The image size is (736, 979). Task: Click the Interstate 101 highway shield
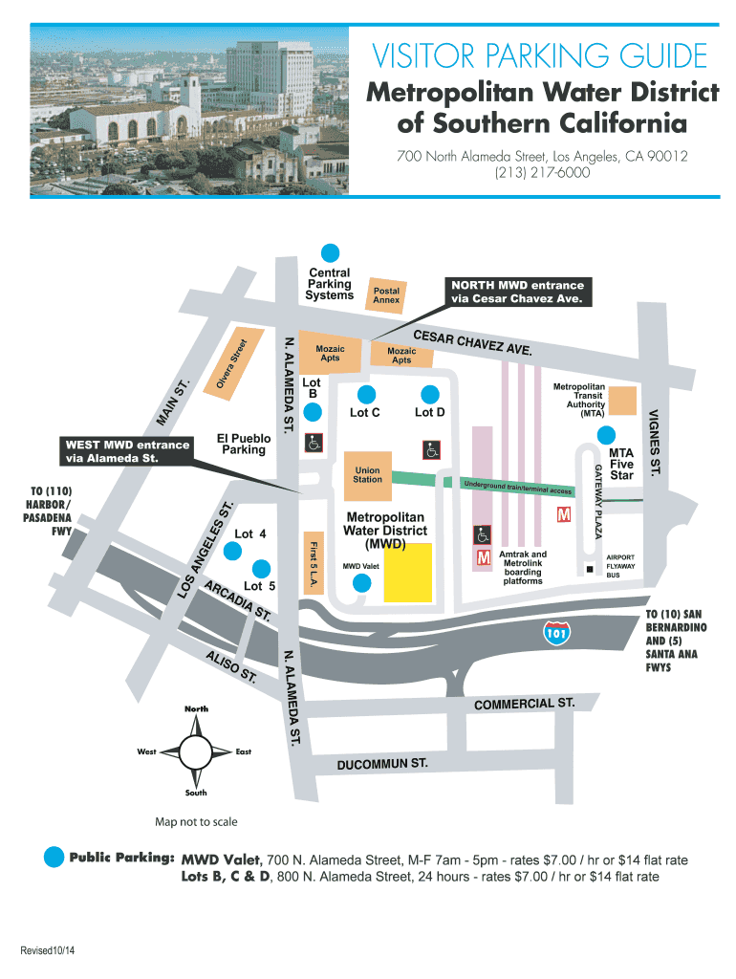click(555, 633)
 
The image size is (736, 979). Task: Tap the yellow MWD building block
click(407, 573)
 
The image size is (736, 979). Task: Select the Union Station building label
click(368, 475)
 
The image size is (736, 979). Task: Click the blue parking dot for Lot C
click(366, 395)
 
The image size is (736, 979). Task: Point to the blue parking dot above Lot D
click(429, 395)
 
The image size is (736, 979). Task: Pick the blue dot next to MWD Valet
click(361, 583)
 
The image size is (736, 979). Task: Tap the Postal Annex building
click(386, 295)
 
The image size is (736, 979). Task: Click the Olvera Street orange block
click(233, 362)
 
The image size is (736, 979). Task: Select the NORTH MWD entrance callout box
click(517, 293)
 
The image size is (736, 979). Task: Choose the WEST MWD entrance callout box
click(126, 451)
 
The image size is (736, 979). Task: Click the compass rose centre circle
click(196, 751)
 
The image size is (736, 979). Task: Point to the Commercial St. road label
click(525, 704)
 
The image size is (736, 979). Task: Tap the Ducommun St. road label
click(382, 764)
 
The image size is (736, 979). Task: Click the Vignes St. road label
click(654, 442)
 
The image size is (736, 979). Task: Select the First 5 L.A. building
click(314, 563)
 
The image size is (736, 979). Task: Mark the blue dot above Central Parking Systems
click(330, 252)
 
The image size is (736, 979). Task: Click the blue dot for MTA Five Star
click(606, 435)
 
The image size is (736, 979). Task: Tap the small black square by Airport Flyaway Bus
click(590, 570)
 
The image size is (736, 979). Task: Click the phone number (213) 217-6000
click(542, 172)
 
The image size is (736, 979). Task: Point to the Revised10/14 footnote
click(48, 950)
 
